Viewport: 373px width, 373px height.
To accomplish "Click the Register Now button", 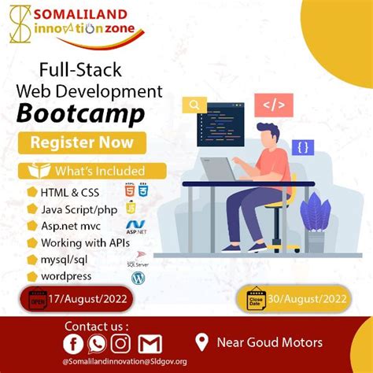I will (83, 142).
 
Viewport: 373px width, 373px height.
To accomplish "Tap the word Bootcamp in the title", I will (83, 113).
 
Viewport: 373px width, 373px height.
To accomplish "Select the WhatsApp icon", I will (97, 344).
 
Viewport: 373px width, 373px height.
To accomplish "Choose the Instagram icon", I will (120, 344).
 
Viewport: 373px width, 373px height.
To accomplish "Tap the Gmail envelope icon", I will (150, 344).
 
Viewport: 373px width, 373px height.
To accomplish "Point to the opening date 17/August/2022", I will (88, 299).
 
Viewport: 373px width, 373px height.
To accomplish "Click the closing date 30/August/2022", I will (305, 299).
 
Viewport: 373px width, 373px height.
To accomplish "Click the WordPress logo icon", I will (138, 278).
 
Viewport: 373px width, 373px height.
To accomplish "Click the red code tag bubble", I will (278, 103).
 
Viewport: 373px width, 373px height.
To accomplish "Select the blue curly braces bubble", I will (303, 147).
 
